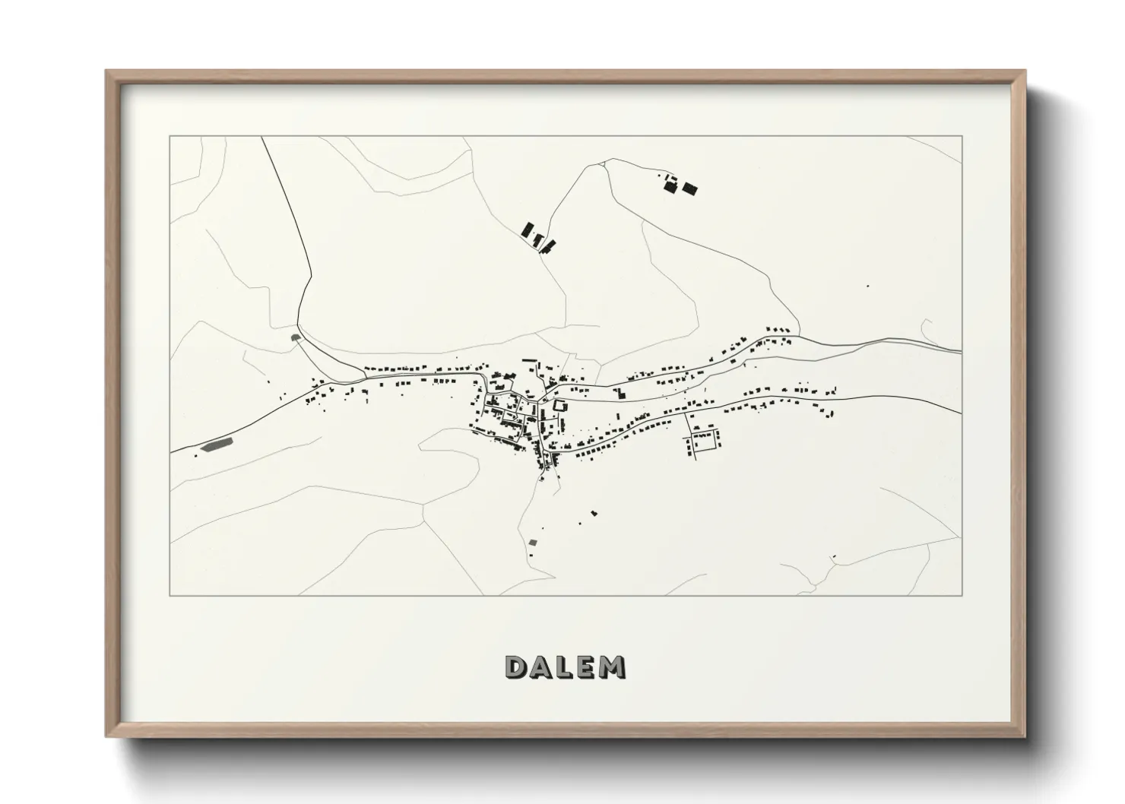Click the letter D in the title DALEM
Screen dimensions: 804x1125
(516, 666)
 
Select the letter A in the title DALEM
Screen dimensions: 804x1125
(541, 666)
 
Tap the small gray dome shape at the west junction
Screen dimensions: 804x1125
(295, 336)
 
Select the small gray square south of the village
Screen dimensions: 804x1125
(533, 542)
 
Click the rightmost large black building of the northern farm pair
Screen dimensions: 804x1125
(689, 188)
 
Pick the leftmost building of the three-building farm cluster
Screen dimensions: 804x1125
(527, 229)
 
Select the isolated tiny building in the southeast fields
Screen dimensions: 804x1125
(834, 557)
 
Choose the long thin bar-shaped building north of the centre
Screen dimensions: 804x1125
(529, 359)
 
